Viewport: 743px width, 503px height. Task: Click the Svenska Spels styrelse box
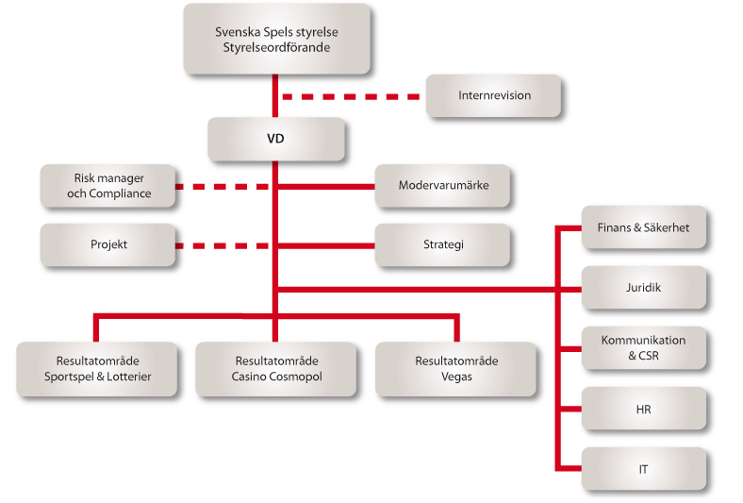pyautogui.click(x=276, y=38)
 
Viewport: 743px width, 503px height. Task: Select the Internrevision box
pyautogui.click(x=494, y=96)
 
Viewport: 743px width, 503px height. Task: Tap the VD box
pyautogui.click(x=276, y=139)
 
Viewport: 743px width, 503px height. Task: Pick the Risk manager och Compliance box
pyautogui.click(x=108, y=186)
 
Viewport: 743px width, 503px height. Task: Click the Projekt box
pyautogui.click(x=108, y=244)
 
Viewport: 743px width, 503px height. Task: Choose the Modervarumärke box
pyautogui.click(x=443, y=186)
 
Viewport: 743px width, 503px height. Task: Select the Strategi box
pyautogui.click(x=443, y=244)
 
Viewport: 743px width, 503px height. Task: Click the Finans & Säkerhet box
pyautogui.click(x=643, y=227)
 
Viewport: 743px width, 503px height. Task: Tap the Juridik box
pyautogui.click(x=643, y=287)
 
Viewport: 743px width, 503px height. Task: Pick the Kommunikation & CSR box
pyautogui.click(x=643, y=347)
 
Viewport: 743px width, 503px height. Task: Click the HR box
pyautogui.click(x=643, y=410)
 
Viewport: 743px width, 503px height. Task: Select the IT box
pyautogui.click(x=643, y=468)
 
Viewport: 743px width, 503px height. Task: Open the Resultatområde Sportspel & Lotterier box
pyautogui.click(x=97, y=368)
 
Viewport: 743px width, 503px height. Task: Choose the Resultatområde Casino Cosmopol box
pyautogui.click(x=275, y=368)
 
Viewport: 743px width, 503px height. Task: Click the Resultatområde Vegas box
pyautogui.click(x=455, y=368)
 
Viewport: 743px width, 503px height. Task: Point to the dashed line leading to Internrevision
pyautogui.click(x=351, y=96)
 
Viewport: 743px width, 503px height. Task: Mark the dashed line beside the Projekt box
pyautogui.click(x=223, y=245)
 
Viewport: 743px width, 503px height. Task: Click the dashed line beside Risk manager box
pyautogui.click(x=223, y=187)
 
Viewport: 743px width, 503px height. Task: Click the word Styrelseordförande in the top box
pyautogui.click(x=276, y=46)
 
